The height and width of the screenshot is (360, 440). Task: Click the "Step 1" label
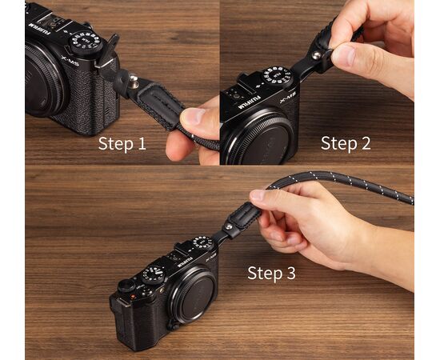[x=122, y=144]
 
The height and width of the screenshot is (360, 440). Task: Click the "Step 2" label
[x=346, y=144]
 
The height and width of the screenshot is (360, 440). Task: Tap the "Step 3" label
[x=272, y=273]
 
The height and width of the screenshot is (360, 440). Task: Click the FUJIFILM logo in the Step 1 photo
[x=39, y=29]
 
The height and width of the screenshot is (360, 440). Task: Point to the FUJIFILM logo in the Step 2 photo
[x=249, y=102]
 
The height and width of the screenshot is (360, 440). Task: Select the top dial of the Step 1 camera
[x=86, y=43]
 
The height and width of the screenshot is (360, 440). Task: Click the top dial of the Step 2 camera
[x=278, y=76]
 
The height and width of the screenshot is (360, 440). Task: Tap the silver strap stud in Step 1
[x=134, y=78]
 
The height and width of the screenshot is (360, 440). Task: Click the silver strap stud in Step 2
[x=317, y=55]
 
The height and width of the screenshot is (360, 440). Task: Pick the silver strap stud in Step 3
[x=229, y=226]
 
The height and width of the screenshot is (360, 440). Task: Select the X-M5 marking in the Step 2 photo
[x=287, y=98]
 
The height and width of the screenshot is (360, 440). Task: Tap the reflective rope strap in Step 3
[x=340, y=182]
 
